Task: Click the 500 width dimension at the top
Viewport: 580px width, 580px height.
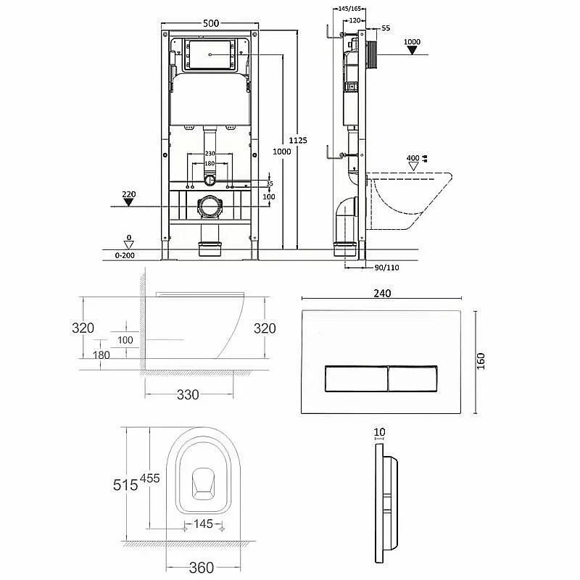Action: point(211,23)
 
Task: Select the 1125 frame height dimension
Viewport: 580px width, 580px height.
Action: point(298,140)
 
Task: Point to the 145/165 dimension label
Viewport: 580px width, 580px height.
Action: point(349,9)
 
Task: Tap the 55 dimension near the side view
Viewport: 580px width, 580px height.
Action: point(386,28)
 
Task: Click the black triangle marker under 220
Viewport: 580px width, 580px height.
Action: point(128,202)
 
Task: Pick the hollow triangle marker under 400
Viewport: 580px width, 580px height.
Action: point(413,167)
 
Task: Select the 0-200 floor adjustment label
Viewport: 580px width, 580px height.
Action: point(125,255)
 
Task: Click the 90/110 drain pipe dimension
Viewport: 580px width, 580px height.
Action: point(387,268)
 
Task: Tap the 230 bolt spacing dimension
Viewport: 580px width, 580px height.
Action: point(210,153)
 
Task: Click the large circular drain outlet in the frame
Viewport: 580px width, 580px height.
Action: point(210,207)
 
